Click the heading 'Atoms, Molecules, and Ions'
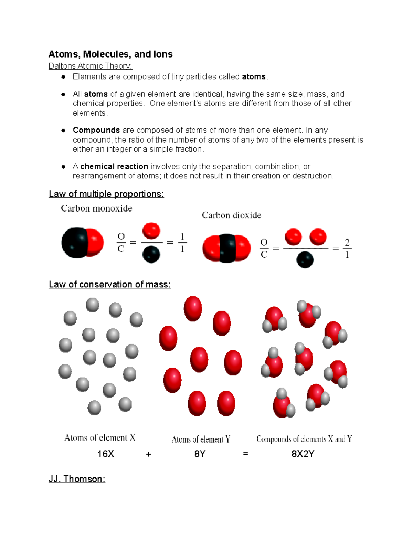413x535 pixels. tap(110, 54)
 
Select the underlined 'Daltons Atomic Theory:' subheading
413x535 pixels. tap(90, 66)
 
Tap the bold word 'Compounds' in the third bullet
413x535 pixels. tap(96, 130)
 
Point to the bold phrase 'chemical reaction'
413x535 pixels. tap(114, 167)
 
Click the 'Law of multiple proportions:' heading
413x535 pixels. tap(106, 194)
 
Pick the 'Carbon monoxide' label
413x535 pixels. tap(96, 208)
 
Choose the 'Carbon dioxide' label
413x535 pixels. tap(231, 215)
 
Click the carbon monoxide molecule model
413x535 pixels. tap(82, 243)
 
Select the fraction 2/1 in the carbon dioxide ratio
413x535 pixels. tap(347, 248)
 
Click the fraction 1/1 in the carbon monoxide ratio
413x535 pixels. tap(182, 243)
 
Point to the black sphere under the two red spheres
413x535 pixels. tap(305, 260)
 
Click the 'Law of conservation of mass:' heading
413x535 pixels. tap(110, 284)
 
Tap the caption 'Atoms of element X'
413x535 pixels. tap(100, 438)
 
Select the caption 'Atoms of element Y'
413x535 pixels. tap(201, 439)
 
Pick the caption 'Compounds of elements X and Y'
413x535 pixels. tap(304, 439)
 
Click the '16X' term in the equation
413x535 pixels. tap(106, 454)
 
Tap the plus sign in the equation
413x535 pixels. tap(149, 454)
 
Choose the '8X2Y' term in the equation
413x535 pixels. tap(303, 454)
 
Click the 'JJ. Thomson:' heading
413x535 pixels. tap(77, 479)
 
